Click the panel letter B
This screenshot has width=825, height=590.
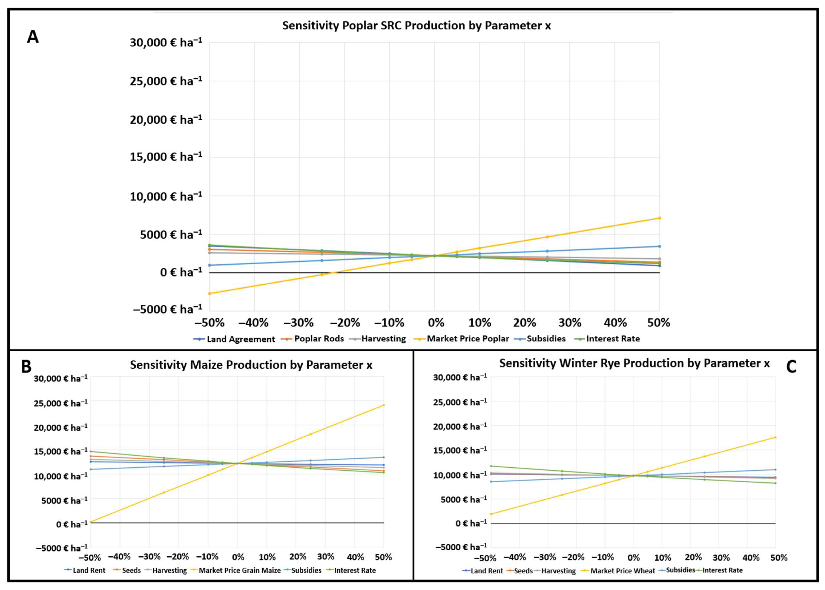26,367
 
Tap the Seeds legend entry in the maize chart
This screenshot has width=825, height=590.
127,570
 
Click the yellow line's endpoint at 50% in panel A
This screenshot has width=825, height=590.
659,218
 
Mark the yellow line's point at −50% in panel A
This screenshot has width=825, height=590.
209,293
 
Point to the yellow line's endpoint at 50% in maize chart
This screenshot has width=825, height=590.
384,405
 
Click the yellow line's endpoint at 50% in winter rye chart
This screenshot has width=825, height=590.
775,437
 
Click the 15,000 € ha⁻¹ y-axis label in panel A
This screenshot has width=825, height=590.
166,157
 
